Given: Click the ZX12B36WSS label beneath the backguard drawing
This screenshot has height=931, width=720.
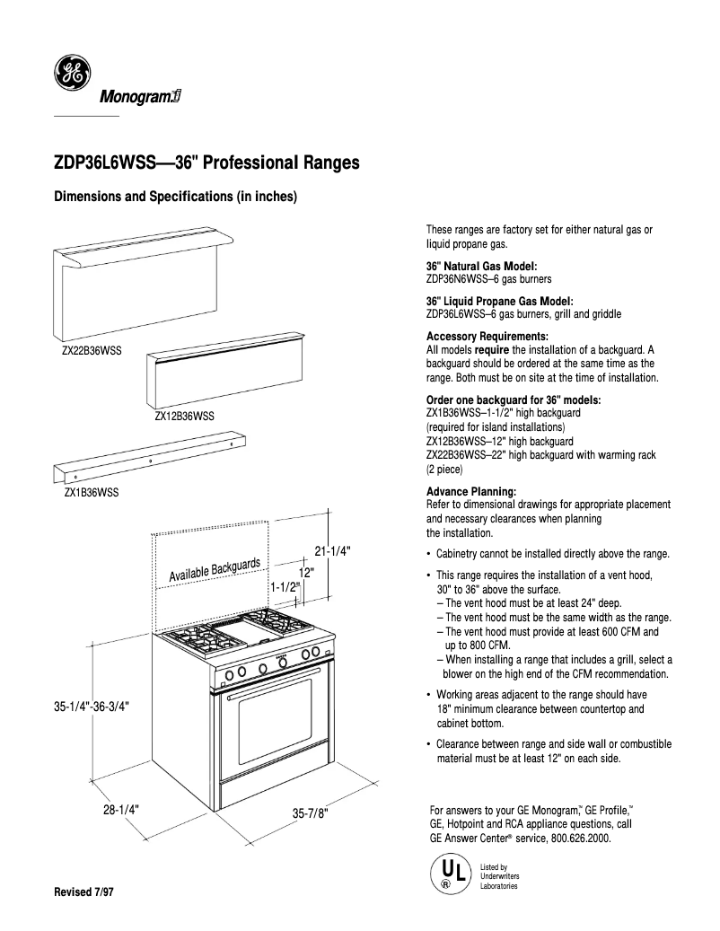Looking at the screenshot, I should pos(184,416).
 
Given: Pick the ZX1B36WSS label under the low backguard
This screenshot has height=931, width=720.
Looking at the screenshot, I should pos(91,493).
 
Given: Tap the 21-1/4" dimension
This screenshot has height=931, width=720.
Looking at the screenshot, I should pos(330,551).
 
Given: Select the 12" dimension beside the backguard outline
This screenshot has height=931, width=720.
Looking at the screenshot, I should pos(305,571).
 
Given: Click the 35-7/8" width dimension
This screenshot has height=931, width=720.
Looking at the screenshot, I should pos(311,812).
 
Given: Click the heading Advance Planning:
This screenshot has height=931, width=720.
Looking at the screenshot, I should pos(470,492).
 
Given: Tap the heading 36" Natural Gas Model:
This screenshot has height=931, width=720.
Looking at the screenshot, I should pos(481,267).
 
